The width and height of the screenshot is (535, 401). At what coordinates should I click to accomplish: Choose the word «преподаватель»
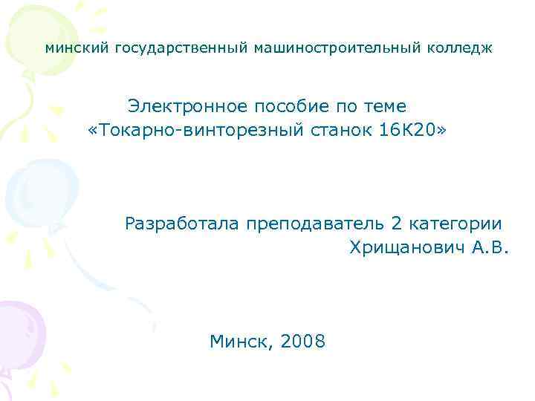pyautogui.click(x=317, y=223)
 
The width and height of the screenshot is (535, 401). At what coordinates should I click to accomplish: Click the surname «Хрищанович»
pyautogui.click(x=407, y=247)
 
